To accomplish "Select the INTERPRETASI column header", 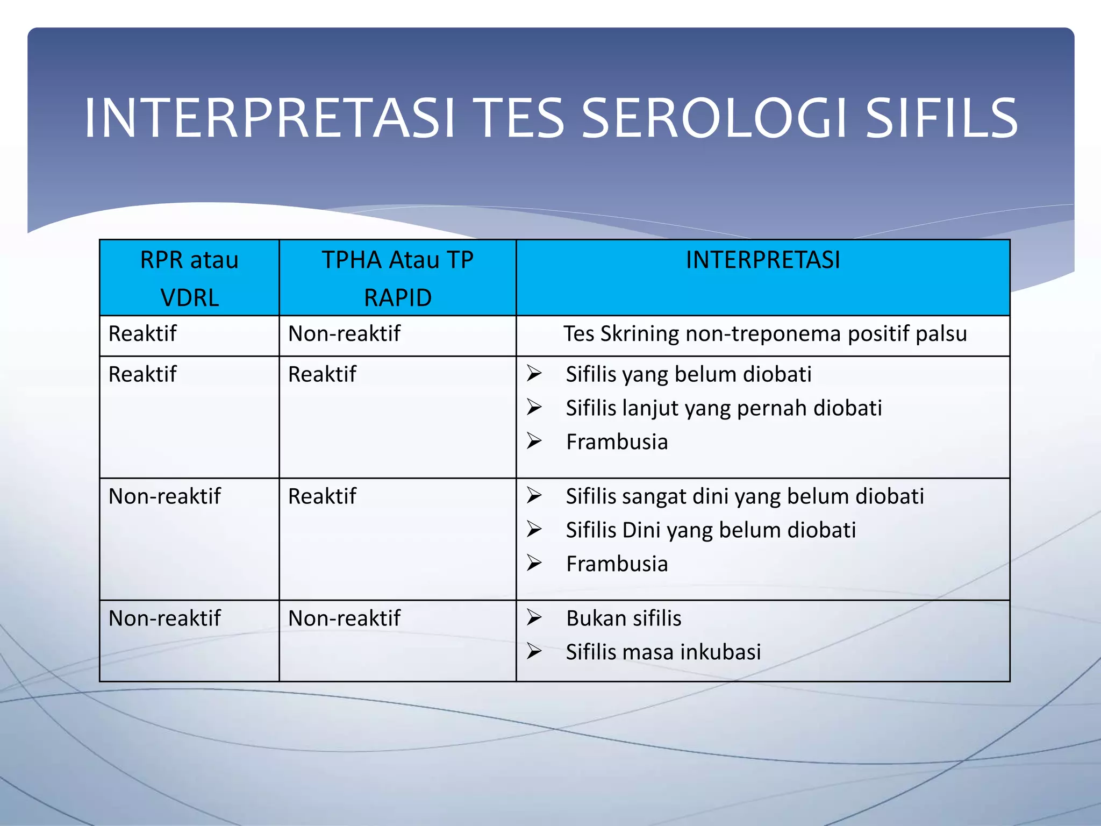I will pyautogui.click(x=763, y=260).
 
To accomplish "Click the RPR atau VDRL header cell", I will pyautogui.click(x=189, y=278).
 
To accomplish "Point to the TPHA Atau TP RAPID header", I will pyautogui.click(x=397, y=278).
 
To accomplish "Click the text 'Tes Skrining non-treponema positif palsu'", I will pyautogui.click(x=765, y=334).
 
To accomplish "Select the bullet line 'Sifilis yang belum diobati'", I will pyautogui.click(x=688, y=374).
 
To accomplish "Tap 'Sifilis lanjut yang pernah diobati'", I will pyautogui.click(x=724, y=408).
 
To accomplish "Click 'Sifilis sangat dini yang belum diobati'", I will pyautogui.click(x=745, y=496).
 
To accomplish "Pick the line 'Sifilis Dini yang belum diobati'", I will pyautogui.click(x=711, y=530).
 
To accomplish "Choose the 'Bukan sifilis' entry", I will pyautogui.click(x=624, y=618).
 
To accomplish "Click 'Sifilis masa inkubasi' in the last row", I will pyautogui.click(x=663, y=652).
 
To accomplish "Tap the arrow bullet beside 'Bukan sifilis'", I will pyautogui.click(x=534, y=618).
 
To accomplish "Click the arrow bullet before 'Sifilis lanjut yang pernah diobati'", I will pyautogui.click(x=534, y=408).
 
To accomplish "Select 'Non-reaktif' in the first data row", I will pyautogui.click(x=344, y=334).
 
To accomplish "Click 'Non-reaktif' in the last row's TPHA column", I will pyautogui.click(x=344, y=618).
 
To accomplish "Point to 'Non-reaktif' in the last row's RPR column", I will pyautogui.click(x=165, y=618).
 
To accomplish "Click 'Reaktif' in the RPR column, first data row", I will pyautogui.click(x=142, y=334).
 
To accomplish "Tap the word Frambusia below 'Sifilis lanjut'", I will pyautogui.click(x=617, y=442).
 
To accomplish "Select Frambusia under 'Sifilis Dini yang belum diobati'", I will pyautogui.click(x=617, y=564).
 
